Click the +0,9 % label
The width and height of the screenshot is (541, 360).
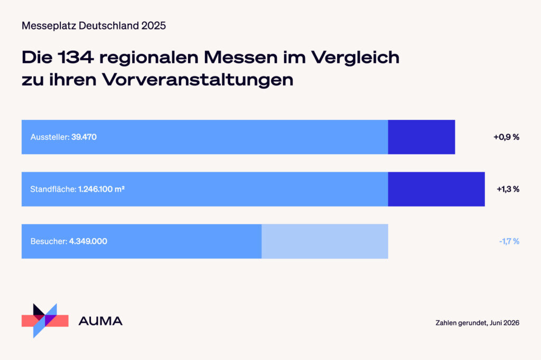click(506, 137)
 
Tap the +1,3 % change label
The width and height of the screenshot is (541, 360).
click(508, 189)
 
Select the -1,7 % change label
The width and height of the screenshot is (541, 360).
click(509, 241)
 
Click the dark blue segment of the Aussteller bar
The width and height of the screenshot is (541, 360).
click(421, 137)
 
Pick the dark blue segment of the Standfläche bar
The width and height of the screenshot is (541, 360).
click(436, 189)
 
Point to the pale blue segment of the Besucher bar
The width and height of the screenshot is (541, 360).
click(325, 241)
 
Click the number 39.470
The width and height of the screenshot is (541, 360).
click(84, 137)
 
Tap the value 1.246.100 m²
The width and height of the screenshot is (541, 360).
click(101, 189)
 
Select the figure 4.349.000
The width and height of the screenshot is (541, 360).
click(88, 241)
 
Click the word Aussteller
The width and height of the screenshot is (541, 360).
click(50, 137)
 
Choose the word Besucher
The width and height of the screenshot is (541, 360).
click(49, 241)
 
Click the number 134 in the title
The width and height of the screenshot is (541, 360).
click(76, 57)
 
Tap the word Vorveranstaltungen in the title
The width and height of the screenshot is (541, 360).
click(198, 80)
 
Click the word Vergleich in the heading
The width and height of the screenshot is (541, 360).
click(356, 58)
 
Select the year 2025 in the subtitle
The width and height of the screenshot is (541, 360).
click(154, 25)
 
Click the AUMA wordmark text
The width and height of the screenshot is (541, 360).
click(100, 321)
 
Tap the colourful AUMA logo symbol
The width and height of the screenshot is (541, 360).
click(45, 321)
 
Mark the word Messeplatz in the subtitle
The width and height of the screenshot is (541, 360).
click(49, 26)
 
